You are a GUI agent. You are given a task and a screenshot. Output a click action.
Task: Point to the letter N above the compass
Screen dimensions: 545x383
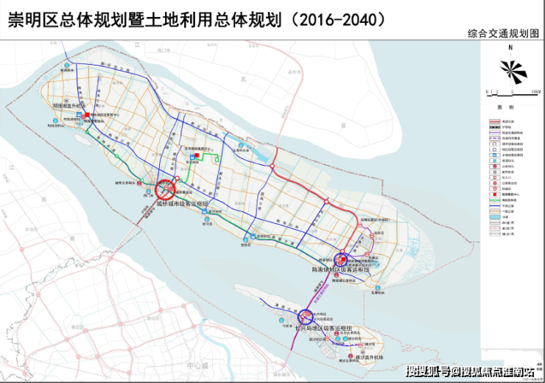click(510, 48)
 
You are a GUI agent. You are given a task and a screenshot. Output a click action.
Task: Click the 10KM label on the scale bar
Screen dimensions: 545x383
click(535, 91)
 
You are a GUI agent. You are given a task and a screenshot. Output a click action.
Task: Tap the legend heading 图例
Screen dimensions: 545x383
click(513, 108)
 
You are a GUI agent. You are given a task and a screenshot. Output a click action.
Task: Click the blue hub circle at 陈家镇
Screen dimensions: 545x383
click(342, 260)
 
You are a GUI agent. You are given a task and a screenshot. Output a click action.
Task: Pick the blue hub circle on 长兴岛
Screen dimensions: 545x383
click(303, 315)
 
